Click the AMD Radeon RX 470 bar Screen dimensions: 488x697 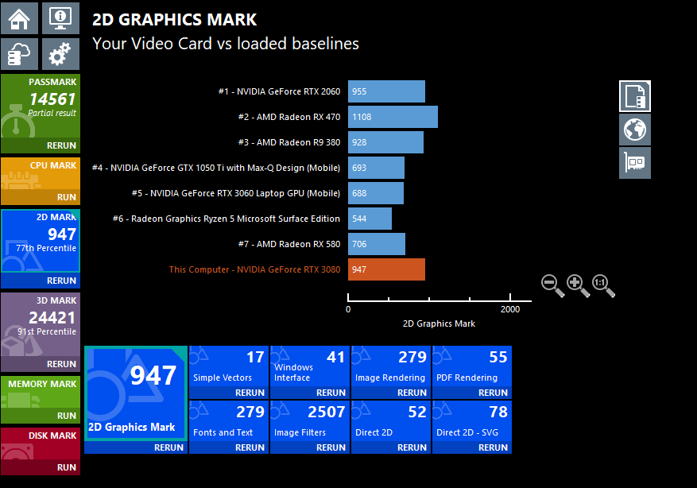[393, 117]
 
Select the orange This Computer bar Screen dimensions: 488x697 [386, 269]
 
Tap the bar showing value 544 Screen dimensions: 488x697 [370, 219]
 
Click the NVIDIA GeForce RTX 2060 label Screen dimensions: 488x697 [279, 91]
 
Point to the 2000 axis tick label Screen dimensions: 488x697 [510, 309]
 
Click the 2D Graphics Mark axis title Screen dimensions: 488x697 [439, 323]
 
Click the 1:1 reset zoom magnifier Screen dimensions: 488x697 [603, 285]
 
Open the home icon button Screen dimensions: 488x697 [19, 17]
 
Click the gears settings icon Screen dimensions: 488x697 [60, 54]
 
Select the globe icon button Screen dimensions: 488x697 [635, 129]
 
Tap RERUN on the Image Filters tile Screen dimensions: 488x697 [331, 447]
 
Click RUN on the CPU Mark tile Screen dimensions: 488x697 [67, 197]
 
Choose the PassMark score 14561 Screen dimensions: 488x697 [52, 99]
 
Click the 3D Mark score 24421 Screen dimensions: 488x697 [52, 318]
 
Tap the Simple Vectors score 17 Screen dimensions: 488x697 [255, 358]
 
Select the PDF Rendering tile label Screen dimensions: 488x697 [467, 378]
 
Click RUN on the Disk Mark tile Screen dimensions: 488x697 [67, 468]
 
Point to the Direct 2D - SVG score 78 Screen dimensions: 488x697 [498, 412]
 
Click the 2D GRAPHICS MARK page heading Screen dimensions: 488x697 [175, 20]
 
